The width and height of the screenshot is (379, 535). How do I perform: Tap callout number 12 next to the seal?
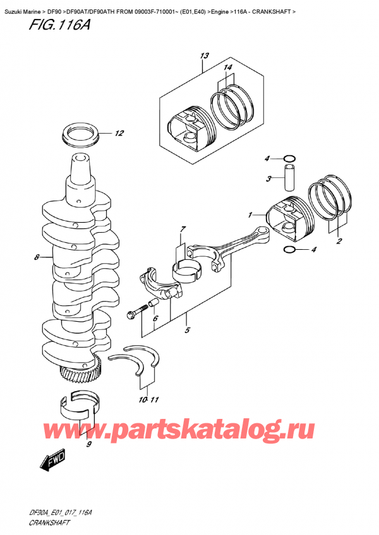click(x=120, y=133)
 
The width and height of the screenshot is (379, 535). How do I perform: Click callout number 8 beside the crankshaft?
click(x=37, y=257)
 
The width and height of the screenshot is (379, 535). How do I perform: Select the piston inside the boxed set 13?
click(x=187, y=129)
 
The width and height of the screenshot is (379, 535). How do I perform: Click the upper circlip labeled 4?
click(x=288, y=158)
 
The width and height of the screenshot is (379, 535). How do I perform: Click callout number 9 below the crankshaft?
click(x=88, y=445)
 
